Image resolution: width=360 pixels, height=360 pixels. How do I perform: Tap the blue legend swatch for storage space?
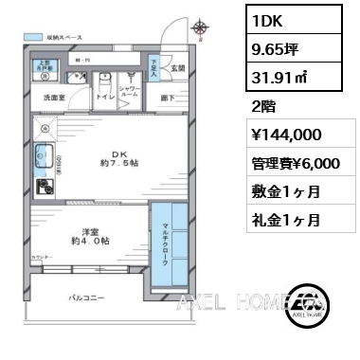[35, 37]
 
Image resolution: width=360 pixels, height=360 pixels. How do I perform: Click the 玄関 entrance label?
[178, 67]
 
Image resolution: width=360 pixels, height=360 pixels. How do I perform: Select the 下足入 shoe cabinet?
[155, 65]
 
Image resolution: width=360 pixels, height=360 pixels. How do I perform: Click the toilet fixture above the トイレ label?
[108, 80]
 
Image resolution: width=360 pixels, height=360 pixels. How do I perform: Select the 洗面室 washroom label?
[54, 98]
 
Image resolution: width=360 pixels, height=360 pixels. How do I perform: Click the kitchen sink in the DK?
[42, 156]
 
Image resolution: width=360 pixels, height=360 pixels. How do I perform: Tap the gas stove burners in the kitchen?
[43, 186]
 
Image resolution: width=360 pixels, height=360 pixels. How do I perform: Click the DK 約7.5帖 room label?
[120, 158]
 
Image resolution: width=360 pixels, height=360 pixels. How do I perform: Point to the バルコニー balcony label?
[86, 298]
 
